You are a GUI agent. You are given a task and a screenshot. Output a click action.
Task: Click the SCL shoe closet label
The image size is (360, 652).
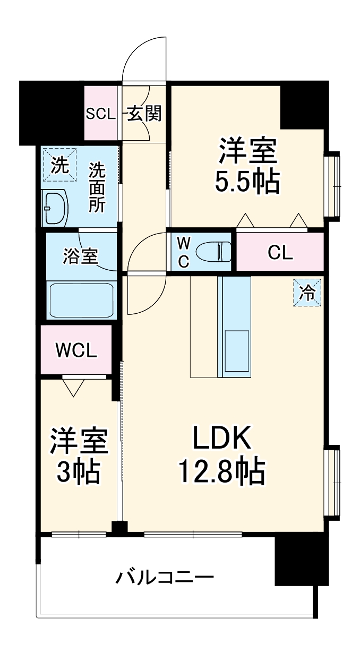click(x=101, y=114)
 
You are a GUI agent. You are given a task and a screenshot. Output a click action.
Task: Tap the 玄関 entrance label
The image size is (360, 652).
click(x=143, y=113)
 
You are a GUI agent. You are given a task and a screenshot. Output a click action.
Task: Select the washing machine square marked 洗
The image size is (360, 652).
click(x=59, y=166)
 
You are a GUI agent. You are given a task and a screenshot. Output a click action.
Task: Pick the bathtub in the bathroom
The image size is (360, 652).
click(x=81, y=300)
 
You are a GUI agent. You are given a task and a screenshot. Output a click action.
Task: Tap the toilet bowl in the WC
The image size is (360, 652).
click(x=212, y=251)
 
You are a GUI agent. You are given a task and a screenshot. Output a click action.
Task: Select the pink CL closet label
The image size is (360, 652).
click(x=280, y=253)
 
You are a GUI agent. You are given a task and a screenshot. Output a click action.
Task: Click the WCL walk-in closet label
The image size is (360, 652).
click(x=76, y=350)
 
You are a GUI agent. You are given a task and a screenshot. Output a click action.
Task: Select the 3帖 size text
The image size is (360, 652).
click(x=79, y=471)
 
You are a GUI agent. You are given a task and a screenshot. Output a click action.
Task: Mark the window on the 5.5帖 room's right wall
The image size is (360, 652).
click(x=333, y=185)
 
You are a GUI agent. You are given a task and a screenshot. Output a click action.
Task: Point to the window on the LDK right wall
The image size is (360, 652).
click(x=333, y=482)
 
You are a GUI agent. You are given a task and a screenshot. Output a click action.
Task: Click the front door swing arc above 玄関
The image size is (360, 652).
click(x=144, y=58)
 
